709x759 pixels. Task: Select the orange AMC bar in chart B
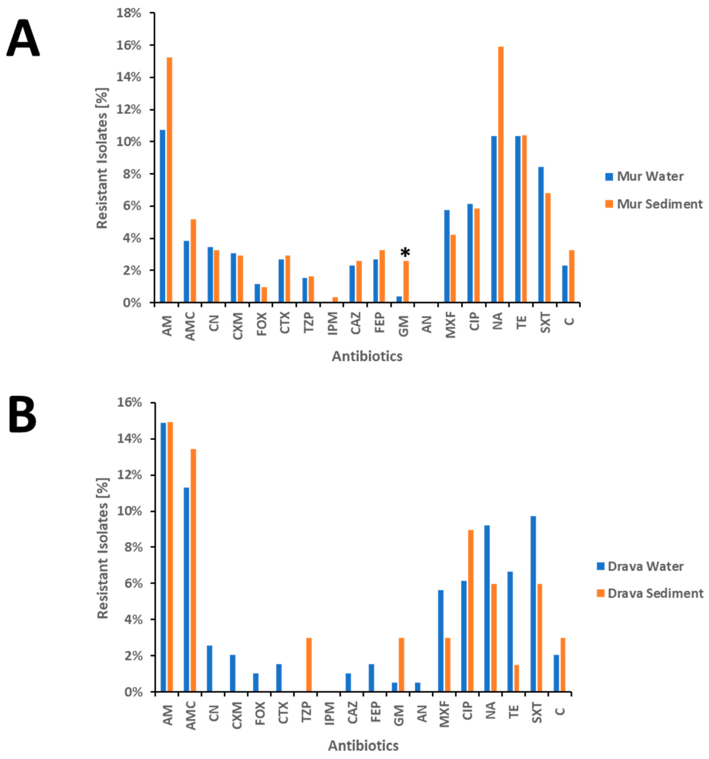(x=193, y=571)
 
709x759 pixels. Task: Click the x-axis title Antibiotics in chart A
(x=367, y=356)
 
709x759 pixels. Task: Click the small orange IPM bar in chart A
(x=335, y=300)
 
